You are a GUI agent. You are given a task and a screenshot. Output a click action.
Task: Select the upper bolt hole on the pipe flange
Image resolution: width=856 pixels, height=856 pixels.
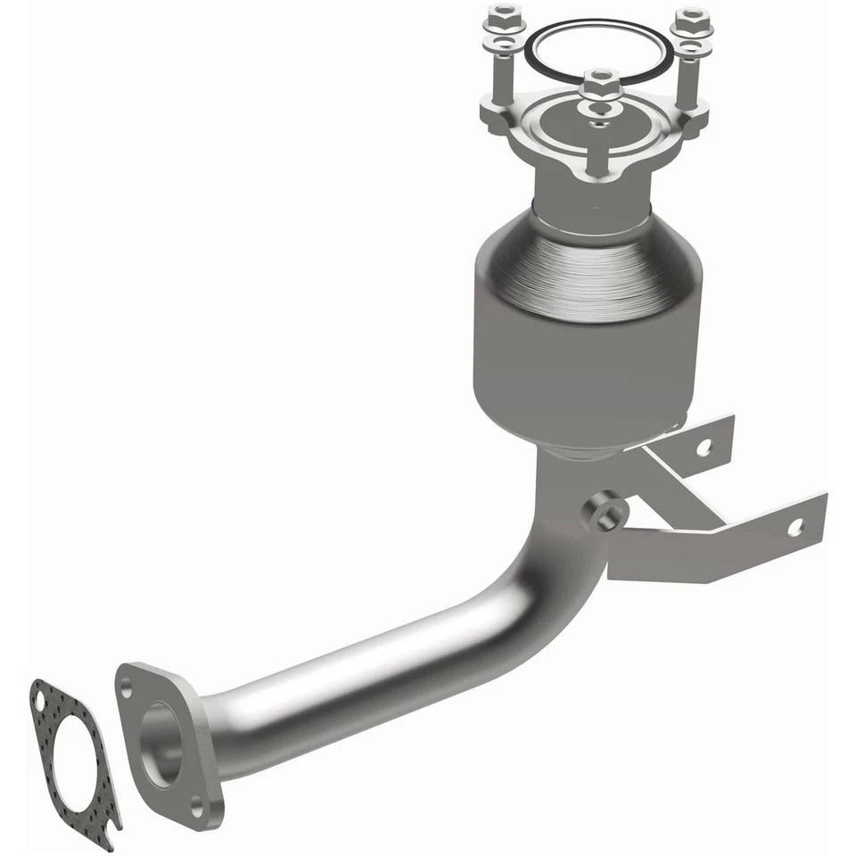tap(127, 687)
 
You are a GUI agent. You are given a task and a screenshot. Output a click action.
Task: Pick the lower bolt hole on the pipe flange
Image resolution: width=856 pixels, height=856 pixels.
tap(197, 810)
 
